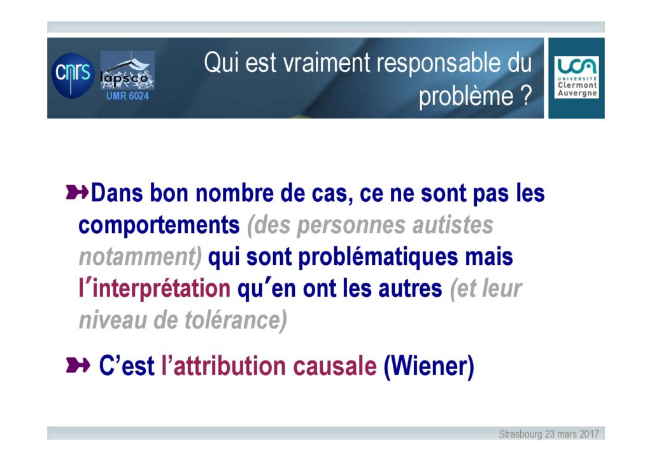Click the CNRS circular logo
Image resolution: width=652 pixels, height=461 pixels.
click(x=73, y=75)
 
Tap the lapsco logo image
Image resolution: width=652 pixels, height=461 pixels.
click(x=127, y=70)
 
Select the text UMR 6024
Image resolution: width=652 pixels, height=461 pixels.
click(x=127, y=96)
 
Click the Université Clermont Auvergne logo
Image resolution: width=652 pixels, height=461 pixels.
click(x=576, y=78)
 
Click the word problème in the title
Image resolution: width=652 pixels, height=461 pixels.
click(x=466, y=96)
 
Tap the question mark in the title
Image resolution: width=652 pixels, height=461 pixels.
click(x=526, y=96)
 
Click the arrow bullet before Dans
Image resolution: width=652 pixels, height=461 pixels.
click(x=77, y=192)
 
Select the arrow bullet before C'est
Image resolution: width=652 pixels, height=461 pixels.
click(x=78, y=365)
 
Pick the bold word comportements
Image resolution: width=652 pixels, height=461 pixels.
click(x=159, y=225)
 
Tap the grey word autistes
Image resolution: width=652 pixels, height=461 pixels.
click(x=453, y=225)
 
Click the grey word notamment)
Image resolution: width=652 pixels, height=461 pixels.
click(x=141, y=257)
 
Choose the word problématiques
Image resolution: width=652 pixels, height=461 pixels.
click(x=378, y=257)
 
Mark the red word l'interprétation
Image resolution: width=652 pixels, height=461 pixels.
click(x=154, y=288)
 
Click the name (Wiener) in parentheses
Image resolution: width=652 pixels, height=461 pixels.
click(x=429, y=366)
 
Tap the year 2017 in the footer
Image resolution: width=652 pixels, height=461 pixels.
click(x=589, y=434)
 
